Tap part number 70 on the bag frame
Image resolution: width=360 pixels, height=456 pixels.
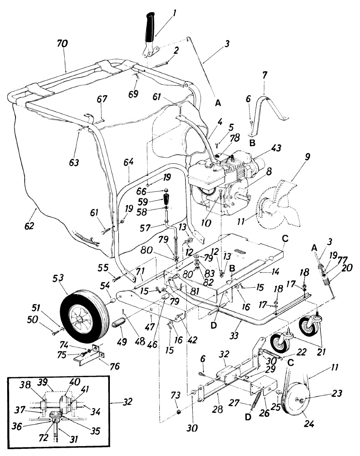[62, 44]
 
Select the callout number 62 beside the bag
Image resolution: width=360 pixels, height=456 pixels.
[29, 225]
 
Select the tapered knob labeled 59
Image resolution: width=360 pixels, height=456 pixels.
[167, 199]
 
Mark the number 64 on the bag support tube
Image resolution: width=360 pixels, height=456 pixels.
[129, 162]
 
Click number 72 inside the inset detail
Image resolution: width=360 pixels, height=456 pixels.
[44, 437]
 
